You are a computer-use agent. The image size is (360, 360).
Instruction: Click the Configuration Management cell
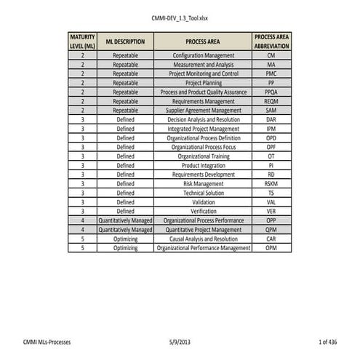204,55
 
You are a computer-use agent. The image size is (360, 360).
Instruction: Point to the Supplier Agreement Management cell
204,110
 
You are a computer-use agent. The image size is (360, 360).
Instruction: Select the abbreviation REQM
271,102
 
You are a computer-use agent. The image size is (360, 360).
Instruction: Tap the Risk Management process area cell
204,184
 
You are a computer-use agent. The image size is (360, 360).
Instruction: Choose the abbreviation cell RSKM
271,184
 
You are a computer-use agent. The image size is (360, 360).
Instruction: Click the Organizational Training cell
204,156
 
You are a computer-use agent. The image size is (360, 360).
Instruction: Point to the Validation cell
204,202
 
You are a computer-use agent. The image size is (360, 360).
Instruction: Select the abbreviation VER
271,211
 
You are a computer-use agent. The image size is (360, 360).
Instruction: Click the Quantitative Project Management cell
204,230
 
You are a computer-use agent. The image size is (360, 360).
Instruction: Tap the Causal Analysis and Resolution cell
204,239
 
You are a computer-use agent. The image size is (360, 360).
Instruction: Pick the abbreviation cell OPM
271,248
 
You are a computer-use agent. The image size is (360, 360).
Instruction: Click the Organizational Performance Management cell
204,248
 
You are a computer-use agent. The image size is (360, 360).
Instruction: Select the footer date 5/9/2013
179,341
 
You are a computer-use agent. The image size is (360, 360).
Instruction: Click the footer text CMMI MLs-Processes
47,341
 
